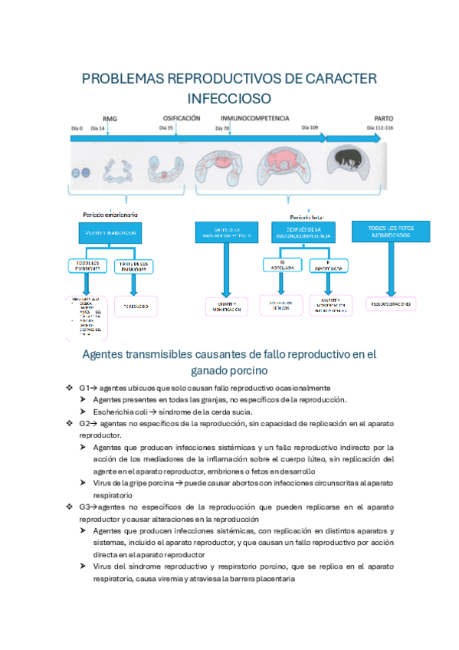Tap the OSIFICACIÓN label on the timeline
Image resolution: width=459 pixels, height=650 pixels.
[x=182, y=118]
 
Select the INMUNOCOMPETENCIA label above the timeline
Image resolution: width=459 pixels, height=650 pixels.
[x=255, y=119]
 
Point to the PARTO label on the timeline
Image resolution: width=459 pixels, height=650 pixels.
[x=383, y=119]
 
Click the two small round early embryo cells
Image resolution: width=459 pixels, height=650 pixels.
[x=80, y=174]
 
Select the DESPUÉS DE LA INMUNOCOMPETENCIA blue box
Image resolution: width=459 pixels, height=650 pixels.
[x=303, y=232]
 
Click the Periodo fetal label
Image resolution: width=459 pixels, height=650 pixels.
[x=304, y=217]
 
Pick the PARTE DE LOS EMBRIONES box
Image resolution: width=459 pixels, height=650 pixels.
[x=134, y=267]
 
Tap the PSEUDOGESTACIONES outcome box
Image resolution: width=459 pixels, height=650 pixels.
[x=391, y=304]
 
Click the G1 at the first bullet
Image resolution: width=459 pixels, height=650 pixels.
[x=84, y=389]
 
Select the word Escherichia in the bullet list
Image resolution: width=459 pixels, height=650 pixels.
[x=116, y=411]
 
